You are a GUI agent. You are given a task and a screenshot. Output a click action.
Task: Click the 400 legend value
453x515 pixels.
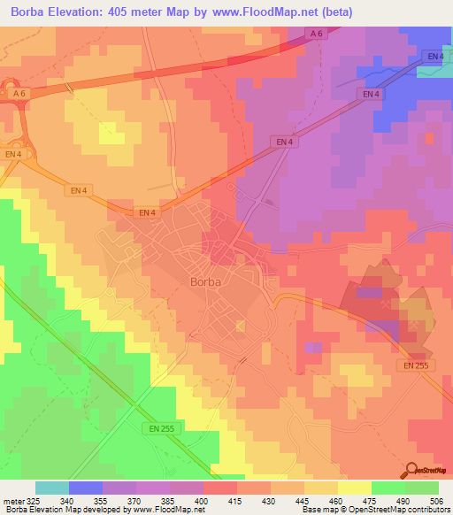click(x=203, y=501)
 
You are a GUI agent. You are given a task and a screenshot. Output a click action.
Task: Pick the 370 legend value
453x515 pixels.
click(x=136, y=501)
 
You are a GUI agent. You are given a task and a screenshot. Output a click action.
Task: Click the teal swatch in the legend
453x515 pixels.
click(x=52, y=488)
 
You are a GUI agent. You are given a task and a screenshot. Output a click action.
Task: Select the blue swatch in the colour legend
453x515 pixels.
click(x=86, y=488)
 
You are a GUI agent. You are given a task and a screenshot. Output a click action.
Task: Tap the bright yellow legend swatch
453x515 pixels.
click(x=355, y=488)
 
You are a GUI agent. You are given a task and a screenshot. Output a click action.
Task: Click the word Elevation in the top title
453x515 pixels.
click(x=81, y=12)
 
